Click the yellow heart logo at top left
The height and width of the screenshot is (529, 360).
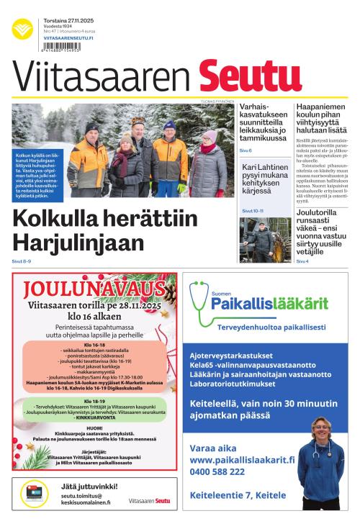pos(22,30)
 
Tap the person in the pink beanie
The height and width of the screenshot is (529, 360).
pos(209,136)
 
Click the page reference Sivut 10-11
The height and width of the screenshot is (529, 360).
pos(252,211)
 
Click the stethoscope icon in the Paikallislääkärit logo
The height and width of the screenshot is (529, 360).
pos(199,297)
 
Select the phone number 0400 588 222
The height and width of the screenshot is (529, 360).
pos(217,471)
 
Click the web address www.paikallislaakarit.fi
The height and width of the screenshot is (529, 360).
pos(243,459)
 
